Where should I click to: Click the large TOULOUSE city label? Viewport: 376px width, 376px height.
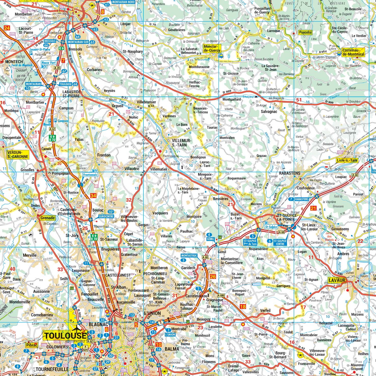65,335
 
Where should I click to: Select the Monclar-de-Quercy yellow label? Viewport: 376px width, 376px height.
211,48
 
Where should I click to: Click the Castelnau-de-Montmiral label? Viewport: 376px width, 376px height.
353,52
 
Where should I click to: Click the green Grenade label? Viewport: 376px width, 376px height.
48,218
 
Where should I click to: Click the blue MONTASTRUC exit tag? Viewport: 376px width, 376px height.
189,256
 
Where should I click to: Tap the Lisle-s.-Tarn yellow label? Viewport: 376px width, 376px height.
347,160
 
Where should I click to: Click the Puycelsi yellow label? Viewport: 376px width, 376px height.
305,33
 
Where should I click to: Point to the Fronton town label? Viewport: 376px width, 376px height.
104,155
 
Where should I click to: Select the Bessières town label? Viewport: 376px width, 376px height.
221,198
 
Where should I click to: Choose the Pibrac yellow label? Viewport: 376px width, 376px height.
32,345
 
